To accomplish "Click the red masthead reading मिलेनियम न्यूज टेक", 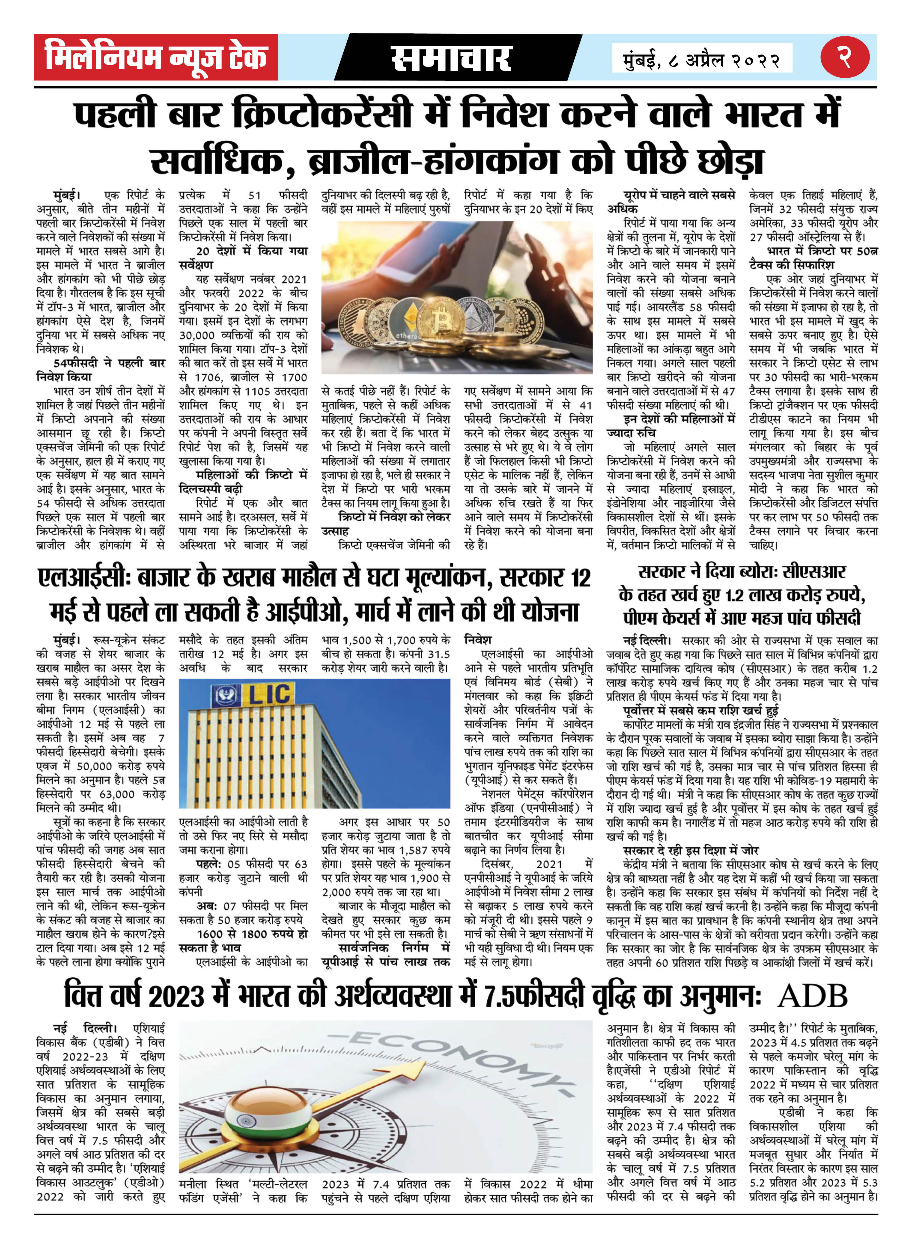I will click(156, 57).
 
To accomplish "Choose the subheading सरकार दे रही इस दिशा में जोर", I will click(690, 850).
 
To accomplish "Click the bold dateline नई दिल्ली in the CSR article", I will click(646, 640).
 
